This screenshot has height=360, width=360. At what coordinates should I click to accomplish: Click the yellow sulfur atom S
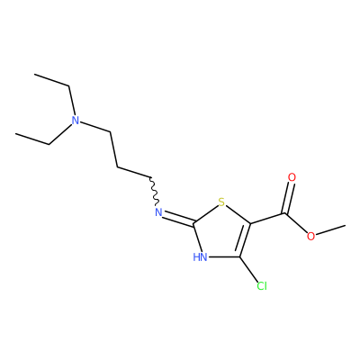pyautogui.click(x=221, y=202)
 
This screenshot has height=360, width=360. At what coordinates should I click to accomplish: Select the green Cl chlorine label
pyautogui.click(x=262, y=286)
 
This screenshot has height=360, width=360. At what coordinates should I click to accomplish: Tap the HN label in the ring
pyautogui.click(x=200, y=257)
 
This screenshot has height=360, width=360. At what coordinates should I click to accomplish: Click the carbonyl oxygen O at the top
pyautogui.click(x=292, y=177)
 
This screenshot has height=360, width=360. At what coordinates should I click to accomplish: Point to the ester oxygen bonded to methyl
pyautogui.click(x=311, y=236)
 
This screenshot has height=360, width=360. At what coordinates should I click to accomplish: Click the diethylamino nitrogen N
pyautogui.click(x=76, y=121)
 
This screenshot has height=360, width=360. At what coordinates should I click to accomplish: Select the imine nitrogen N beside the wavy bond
pyautogui.click(x=158, y=212)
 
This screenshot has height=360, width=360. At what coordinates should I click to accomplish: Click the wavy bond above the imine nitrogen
pyautogui.click(x=153, y=192)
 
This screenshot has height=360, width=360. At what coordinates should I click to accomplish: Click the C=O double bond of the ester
pyautogui.click(x=288, y=198)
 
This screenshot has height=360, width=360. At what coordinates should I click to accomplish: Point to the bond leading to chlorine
pyautogui.click(x=249, y=269)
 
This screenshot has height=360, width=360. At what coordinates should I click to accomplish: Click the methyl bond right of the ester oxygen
pyautogui.click(x=331, y=229)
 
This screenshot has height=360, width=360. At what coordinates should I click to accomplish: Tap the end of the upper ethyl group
pyautogui.click(x=34, y=74)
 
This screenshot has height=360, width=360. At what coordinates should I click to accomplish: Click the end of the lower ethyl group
pyautogui.click(x=15, y=134)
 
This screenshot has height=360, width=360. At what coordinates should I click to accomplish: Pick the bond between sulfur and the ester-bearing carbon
pyautogui.click(x=238, y=214)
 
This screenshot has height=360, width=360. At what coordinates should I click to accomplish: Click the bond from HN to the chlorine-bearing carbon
pyautogui.click(x=224, y=257)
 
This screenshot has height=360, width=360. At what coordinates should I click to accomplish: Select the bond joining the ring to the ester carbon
pyautogui.click(x=267, y=219)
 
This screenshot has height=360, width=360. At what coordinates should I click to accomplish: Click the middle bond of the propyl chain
pyautogui.click(x=114, y=149)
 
